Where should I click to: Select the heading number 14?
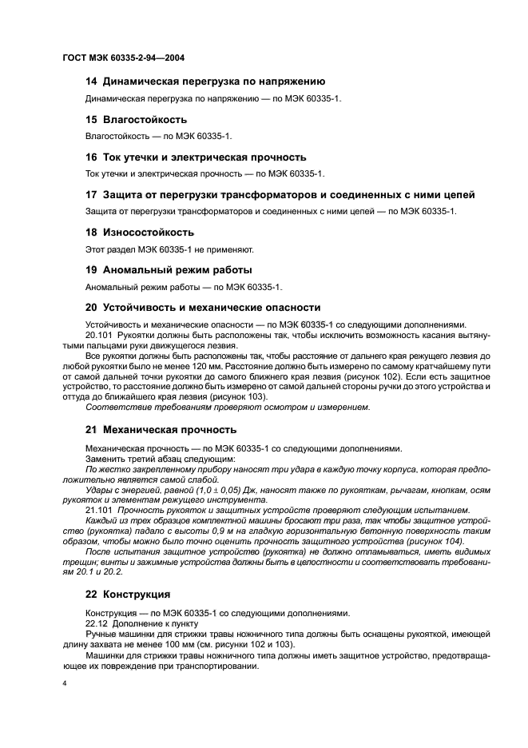click(91, 82)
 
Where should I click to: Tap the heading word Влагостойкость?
click(145, 119)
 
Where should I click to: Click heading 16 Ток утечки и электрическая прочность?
click(195, 157)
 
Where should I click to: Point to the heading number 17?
click(91, 194)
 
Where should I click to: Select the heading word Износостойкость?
click(148, 232)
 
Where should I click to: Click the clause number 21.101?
click(99, 511)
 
